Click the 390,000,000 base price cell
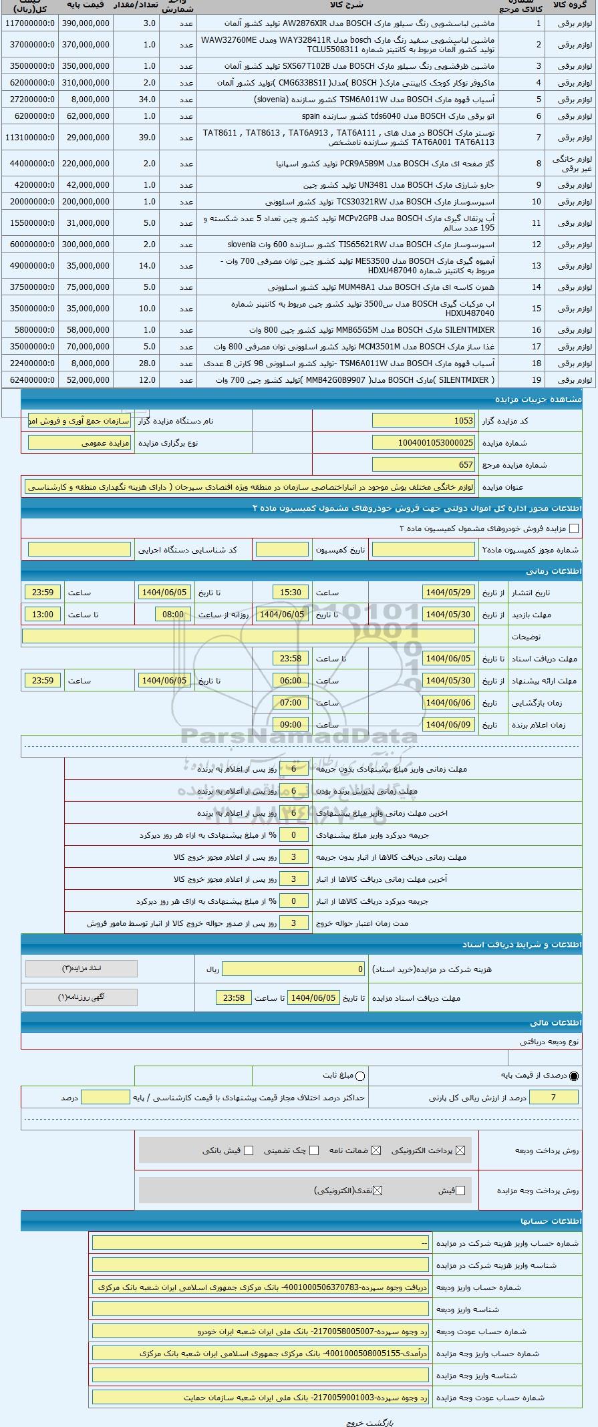[86, 23]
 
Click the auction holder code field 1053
[423, 421]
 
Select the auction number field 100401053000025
[423, 443]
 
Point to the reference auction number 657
[423, 465]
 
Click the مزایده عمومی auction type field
[80, 443]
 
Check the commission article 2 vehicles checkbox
[573, 528]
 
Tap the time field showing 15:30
[291, 593]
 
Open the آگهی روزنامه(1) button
[81, 997]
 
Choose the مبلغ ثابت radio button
[360, 1076]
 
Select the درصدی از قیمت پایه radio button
[574, 1076]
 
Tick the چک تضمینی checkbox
[314, 1150]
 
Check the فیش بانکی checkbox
[249, 1150]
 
